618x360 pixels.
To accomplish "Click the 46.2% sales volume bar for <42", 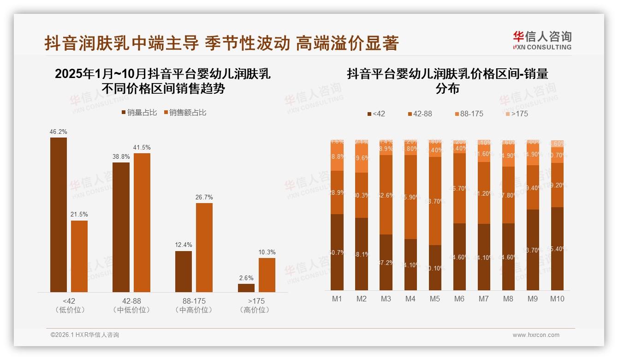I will click(x=59, y=215).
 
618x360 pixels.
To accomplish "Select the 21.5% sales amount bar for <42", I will click(x=79, y=256).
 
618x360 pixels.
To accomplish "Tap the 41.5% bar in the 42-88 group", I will click(x=142, y=222).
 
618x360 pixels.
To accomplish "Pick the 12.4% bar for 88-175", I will click(x=184, y=271).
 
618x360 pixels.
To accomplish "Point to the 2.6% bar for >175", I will click(x=246, y=288).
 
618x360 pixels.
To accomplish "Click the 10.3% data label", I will click(x=267, y=252).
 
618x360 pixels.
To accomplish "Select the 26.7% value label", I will click(x=204, y=198).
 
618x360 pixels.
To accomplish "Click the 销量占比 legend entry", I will click(x=139, y=113).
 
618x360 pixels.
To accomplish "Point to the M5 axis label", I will click(x=435, y=299).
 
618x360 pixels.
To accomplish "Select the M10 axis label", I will click(x=557, y=299).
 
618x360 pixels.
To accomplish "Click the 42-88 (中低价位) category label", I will click(x=131, y=306).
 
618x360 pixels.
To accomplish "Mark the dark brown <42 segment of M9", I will click(x=533, y=250).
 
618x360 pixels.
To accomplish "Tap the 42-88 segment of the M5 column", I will click(x=435, y=201).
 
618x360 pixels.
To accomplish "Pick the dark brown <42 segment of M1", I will click(x=337, y=252).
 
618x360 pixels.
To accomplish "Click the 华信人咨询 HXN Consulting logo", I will click(x=542, y=40).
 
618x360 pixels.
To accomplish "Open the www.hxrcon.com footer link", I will click(x=536, y=335).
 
